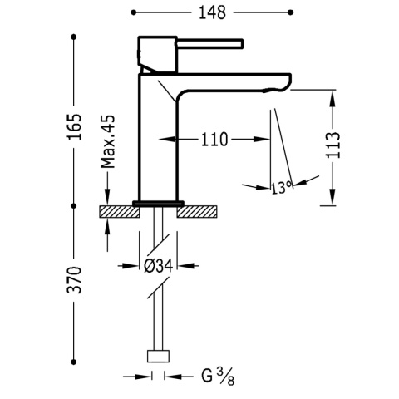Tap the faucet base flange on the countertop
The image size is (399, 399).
[159, 202]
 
